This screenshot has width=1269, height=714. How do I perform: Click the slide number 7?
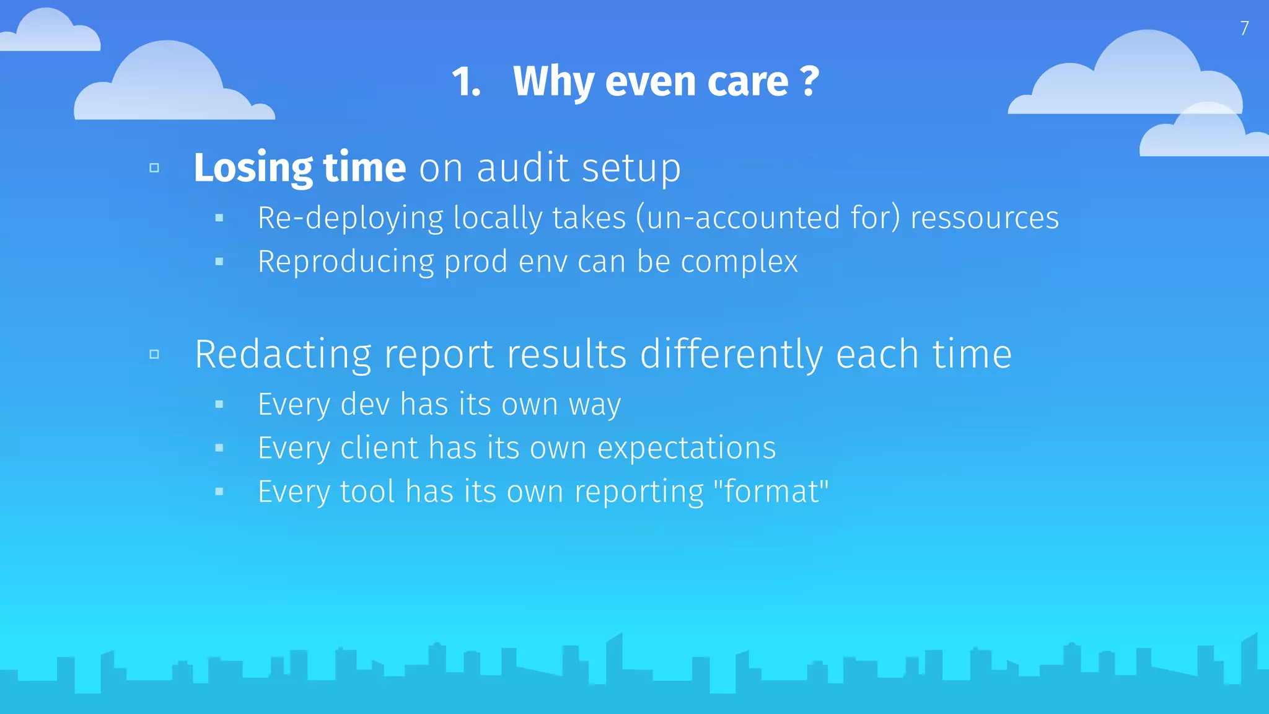click(1244, 29)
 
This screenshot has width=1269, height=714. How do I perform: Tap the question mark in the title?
click(809, 81)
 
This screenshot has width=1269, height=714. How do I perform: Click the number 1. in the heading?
click(466, 82)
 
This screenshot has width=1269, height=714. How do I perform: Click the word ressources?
click(985, 218)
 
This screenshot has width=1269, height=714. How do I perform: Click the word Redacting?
click(283, 355)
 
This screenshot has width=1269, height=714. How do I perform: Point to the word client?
click(379, 448)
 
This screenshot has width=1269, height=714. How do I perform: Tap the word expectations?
click(686, 448)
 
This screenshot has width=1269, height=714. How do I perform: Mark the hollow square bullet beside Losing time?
click(154, 168)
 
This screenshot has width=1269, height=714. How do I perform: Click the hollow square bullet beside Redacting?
click(154, 355)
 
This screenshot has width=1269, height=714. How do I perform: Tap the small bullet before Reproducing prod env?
click(219, 262)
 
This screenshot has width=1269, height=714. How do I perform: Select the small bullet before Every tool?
click(219, 492)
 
